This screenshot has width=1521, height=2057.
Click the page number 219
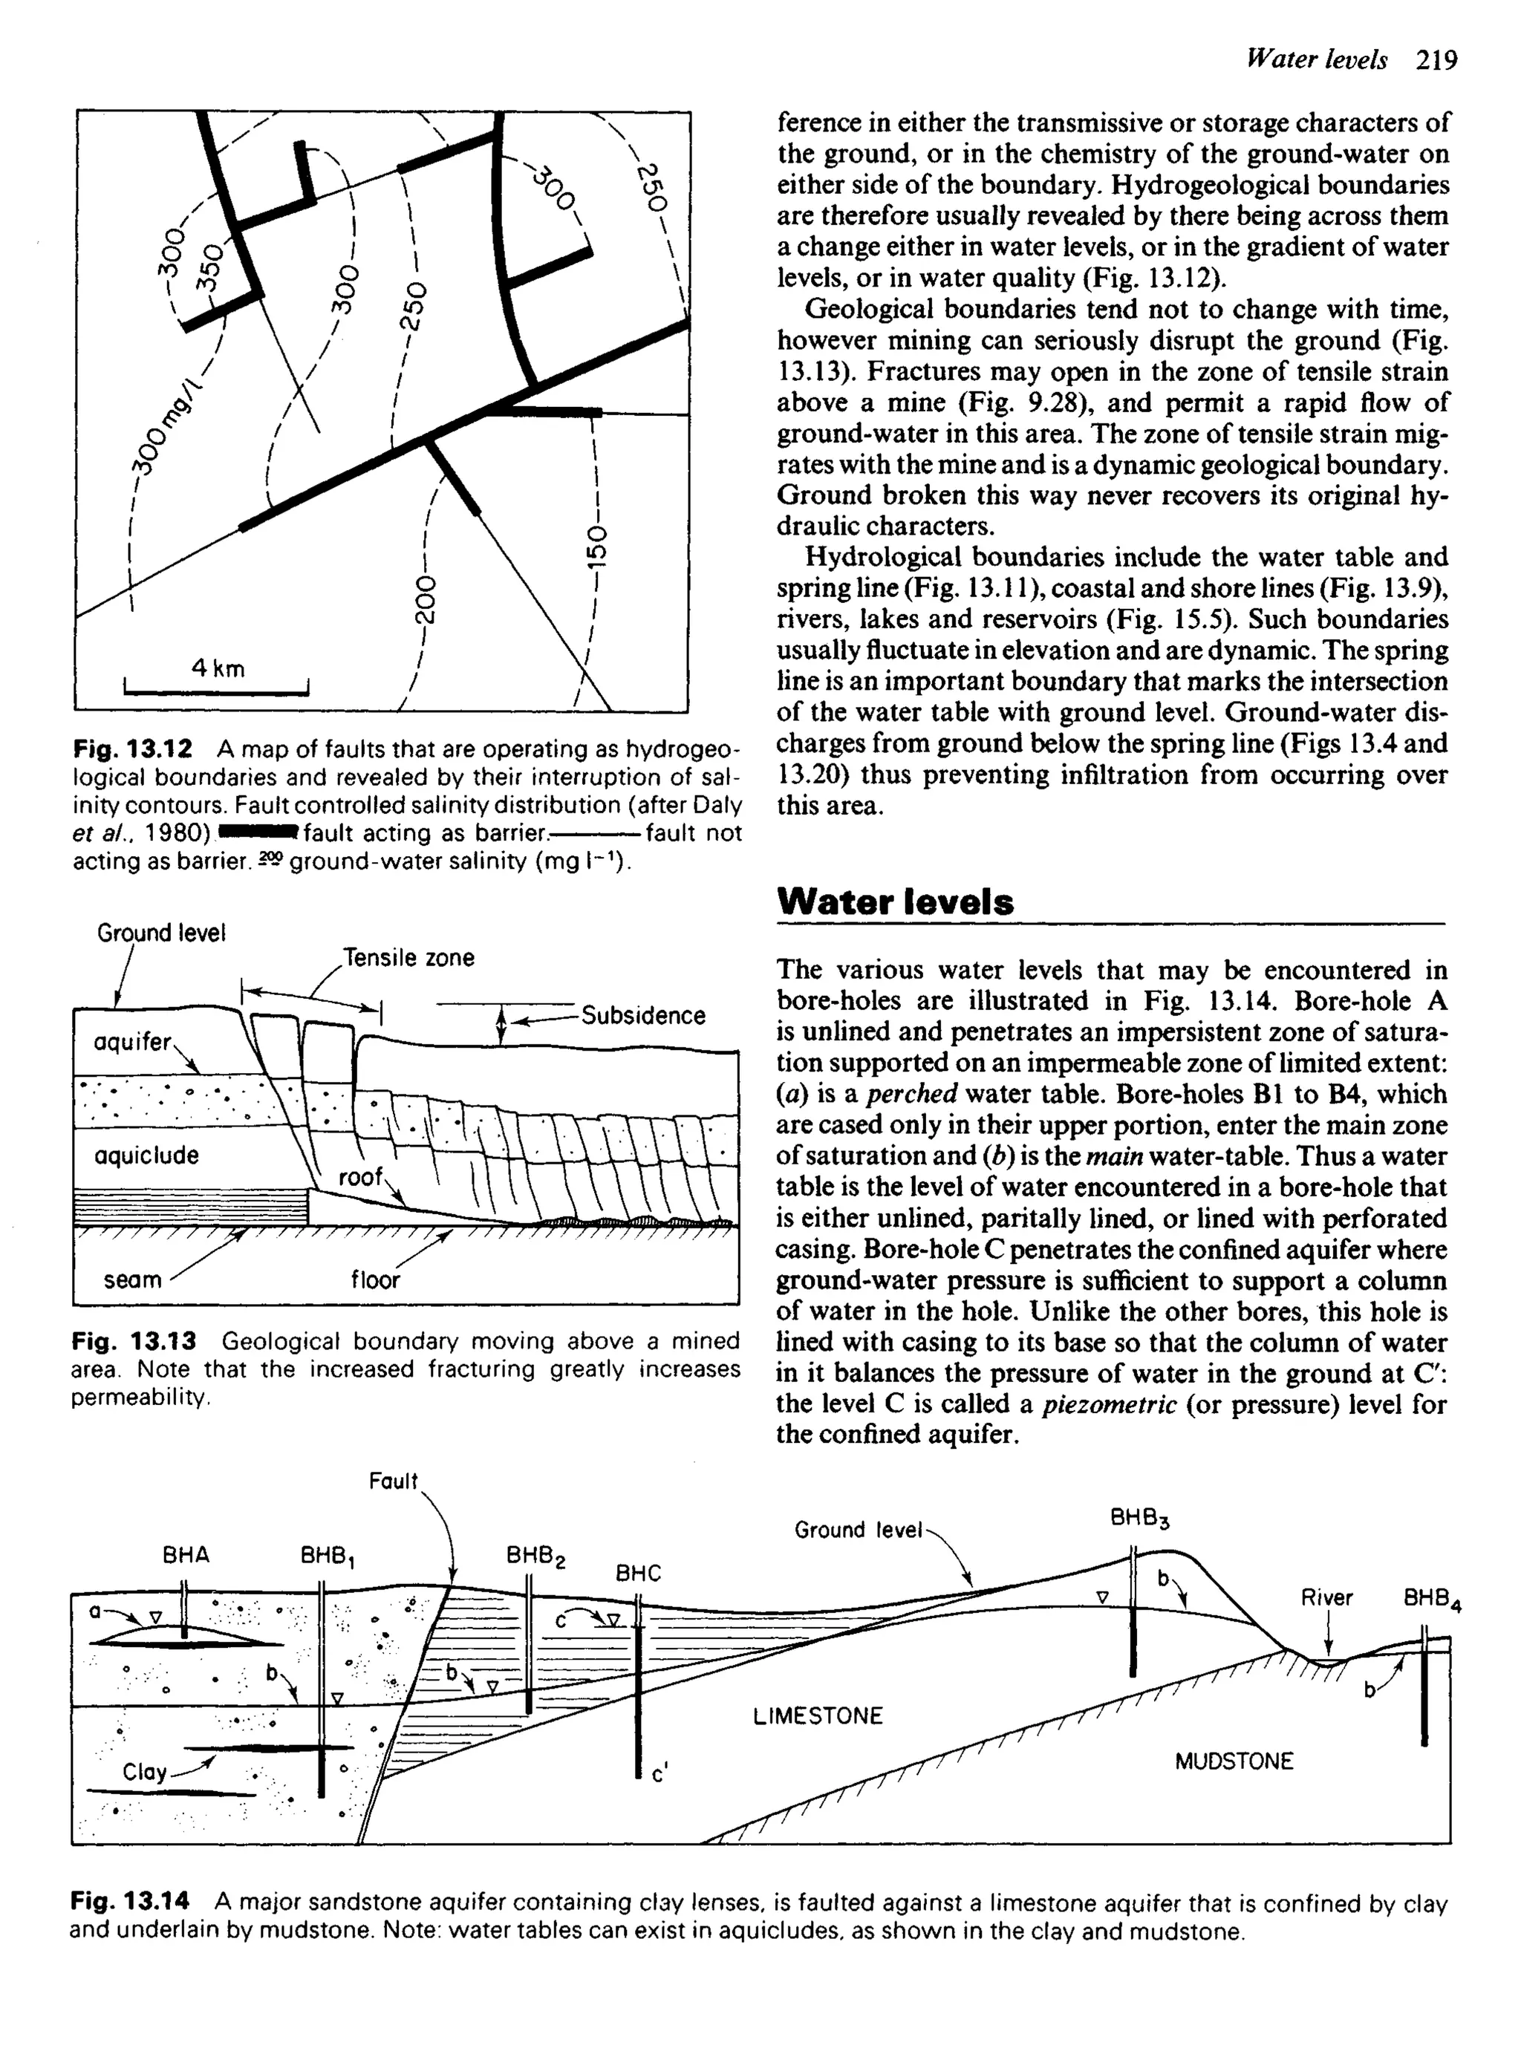[1437, 61]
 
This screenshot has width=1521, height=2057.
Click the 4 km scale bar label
[218, 668]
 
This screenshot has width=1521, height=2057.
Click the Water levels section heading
[895, 901]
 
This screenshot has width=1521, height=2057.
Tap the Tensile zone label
[408, 957]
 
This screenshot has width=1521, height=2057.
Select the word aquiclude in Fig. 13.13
[146, 1155]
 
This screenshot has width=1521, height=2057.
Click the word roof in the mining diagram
[361, 1176]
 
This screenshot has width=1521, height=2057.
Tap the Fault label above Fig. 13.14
[393, 1481]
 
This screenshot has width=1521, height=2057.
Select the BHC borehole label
[638, 1573]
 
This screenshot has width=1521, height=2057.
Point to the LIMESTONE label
[818, 1715]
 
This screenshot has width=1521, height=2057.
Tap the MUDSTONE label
[1234, 1761]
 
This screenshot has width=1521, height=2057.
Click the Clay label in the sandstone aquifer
[145, 1772]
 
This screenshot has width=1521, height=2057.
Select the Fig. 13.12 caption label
[133, 749]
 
